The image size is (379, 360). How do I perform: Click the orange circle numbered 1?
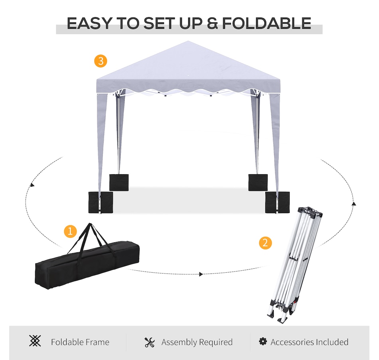(x=70, y=231)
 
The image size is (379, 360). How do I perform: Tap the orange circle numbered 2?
(x=265, y=243)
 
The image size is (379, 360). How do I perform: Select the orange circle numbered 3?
(x=101, y=61)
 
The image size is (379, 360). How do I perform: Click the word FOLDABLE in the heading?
(x=266, y=24)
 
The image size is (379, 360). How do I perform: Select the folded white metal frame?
(x=295, y=265)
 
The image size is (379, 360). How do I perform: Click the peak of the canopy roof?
(x=188, y=41)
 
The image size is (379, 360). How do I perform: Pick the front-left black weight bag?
(x=101, y=203)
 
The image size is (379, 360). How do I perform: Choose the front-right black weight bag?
(x=277, y=203)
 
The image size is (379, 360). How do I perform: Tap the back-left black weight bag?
(x=119, y=183)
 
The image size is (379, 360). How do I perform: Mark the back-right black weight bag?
(x=258, y=183)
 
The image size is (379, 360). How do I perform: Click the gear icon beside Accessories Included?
(x=263, y=341)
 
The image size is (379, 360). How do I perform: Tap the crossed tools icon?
(x=150, y=342)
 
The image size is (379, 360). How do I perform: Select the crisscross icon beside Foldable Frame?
(x=35, y=341)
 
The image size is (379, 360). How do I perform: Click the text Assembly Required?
(x=197, y=342)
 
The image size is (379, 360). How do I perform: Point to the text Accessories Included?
(x=310, y=342)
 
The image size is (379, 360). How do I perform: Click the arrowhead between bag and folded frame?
(x=201, y=274)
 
